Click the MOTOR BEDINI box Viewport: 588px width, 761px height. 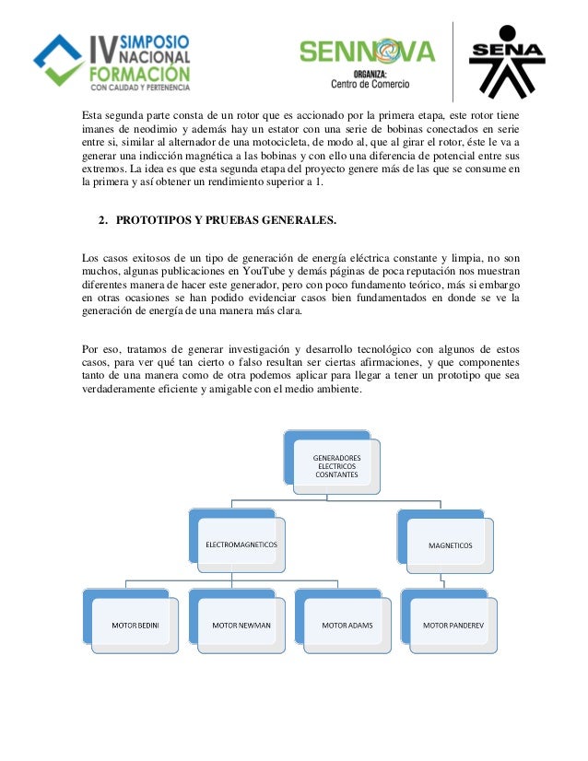pos(136,625)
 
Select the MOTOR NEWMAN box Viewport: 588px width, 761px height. pos(241,625)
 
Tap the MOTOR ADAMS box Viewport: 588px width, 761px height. pos(347,625)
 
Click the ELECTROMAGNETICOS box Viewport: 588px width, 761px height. pos(241,544)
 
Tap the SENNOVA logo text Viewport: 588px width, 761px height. pos(367,53)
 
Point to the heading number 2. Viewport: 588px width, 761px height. pos(101,222)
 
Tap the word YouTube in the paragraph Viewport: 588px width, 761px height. pos(265,273)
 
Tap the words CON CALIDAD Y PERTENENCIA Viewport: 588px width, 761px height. pos(140,88)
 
